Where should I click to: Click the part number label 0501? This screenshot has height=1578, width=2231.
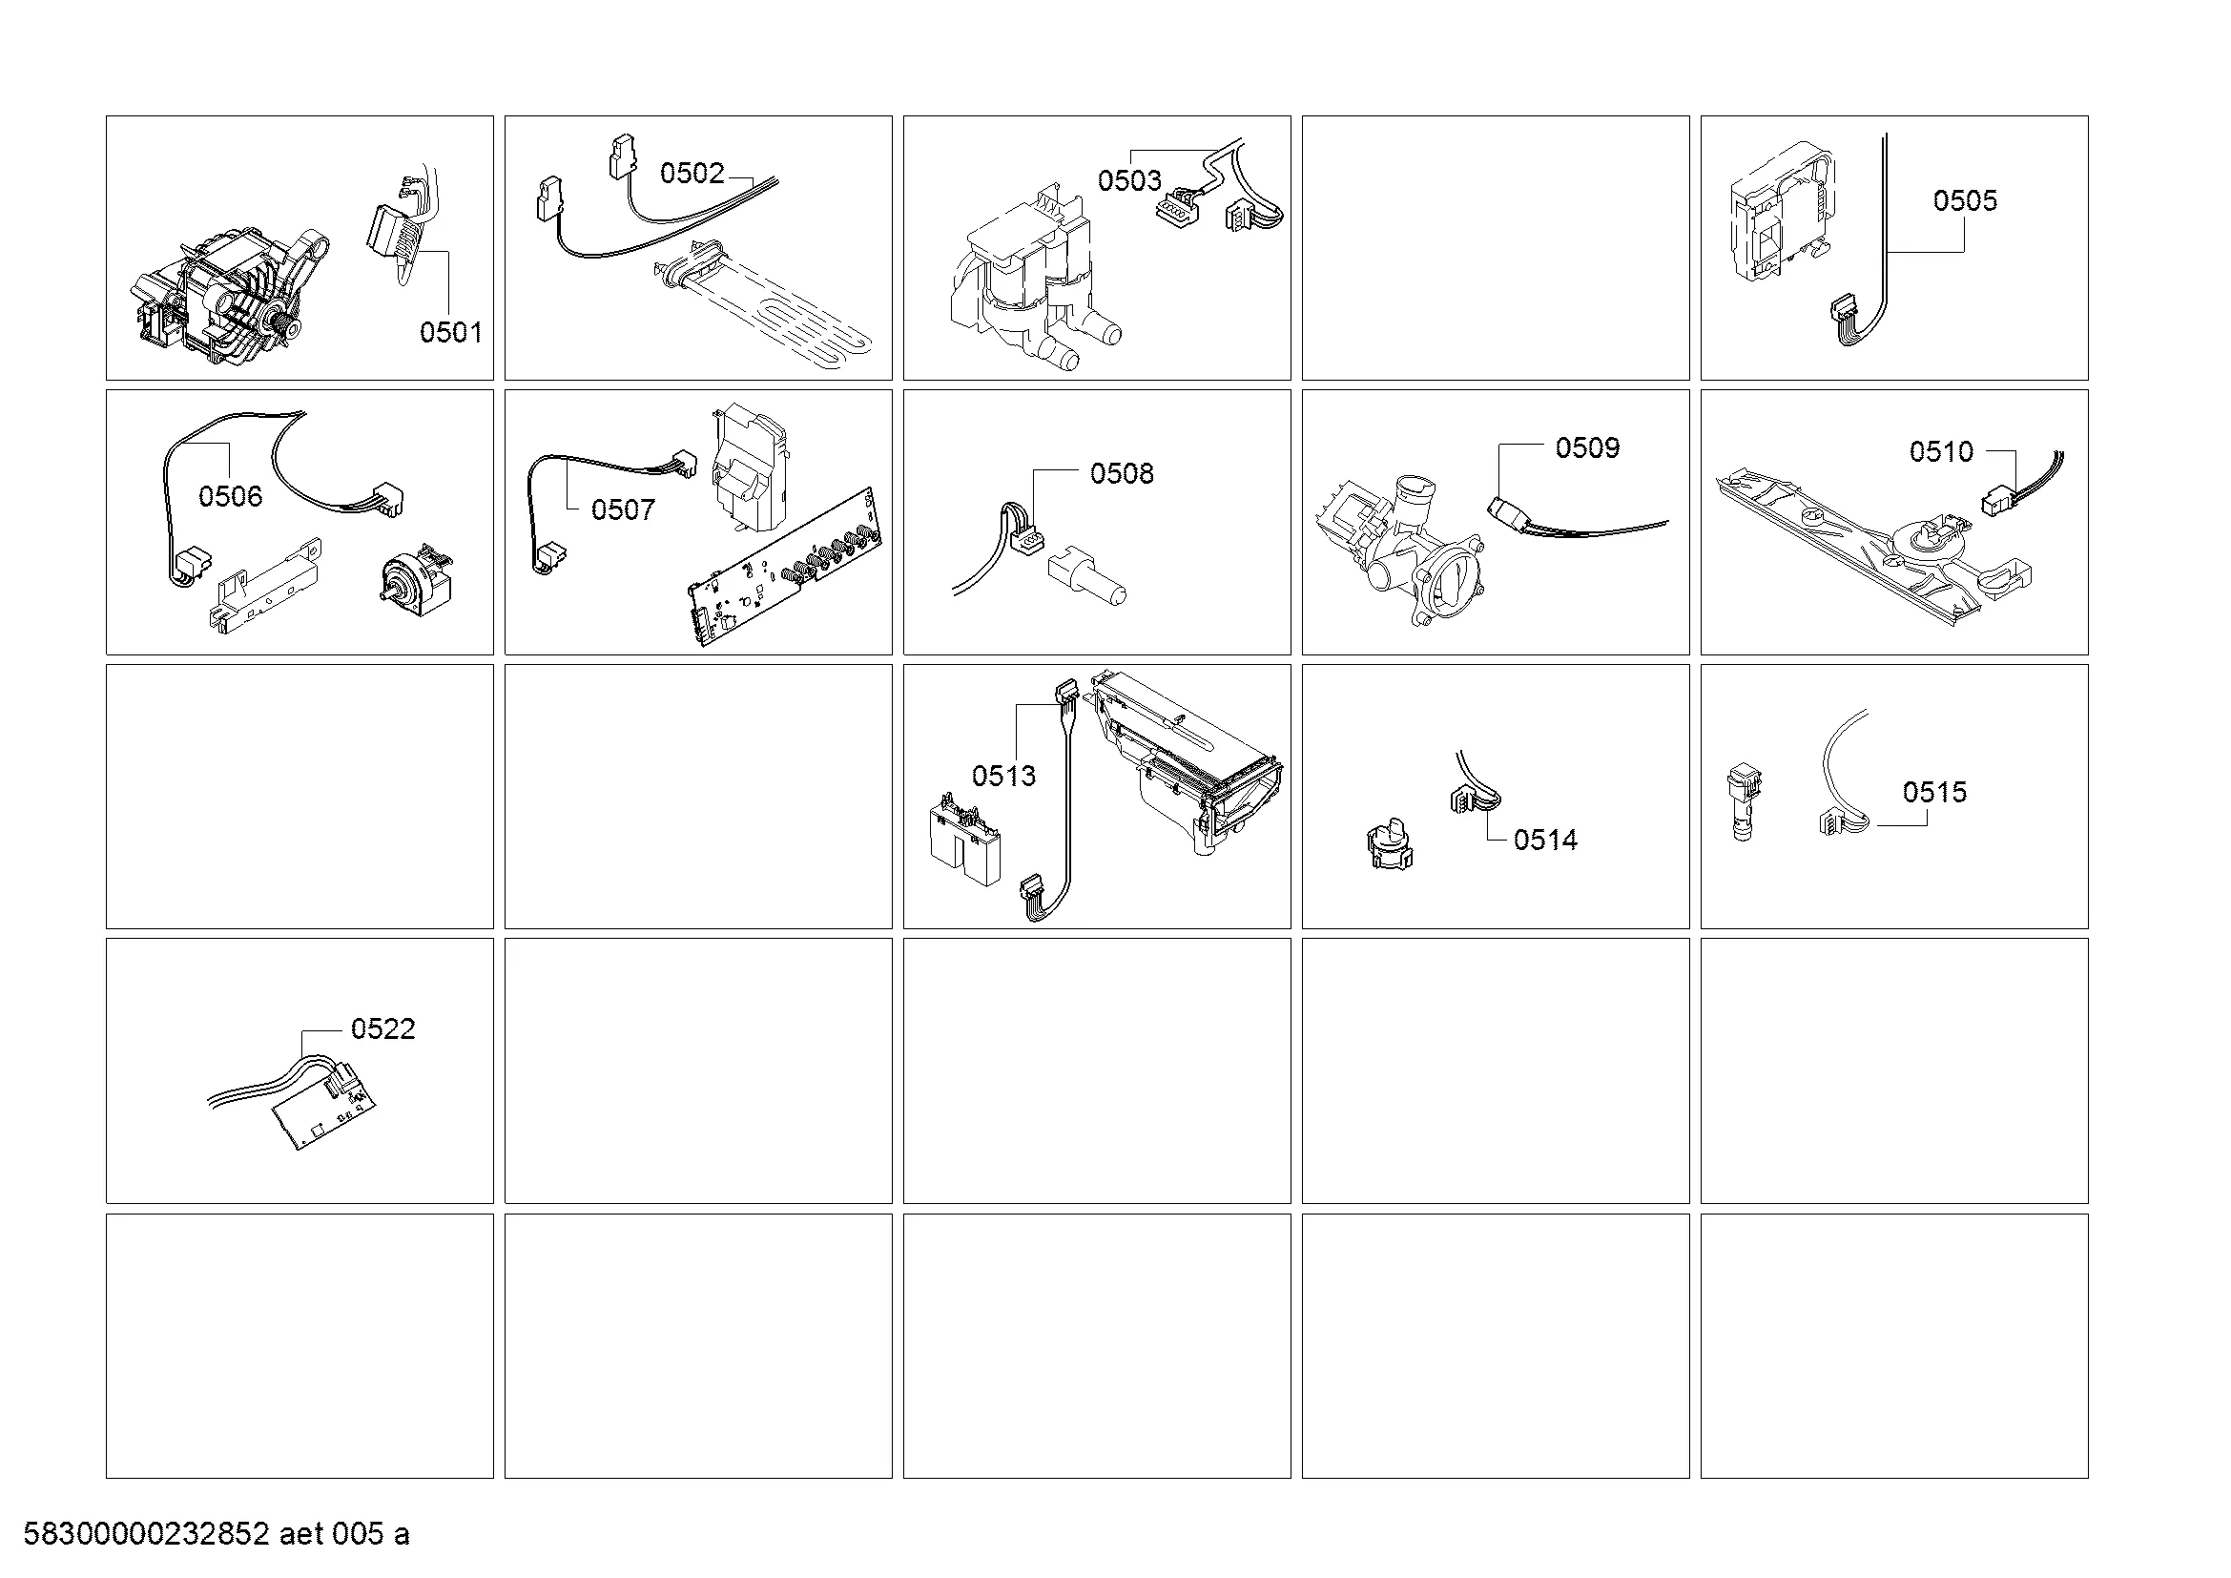[451, 332]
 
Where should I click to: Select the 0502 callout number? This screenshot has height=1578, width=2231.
[692, 173]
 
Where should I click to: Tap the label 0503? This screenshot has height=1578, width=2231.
[1129, 179]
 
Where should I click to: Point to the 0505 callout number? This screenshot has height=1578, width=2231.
[1965, 200]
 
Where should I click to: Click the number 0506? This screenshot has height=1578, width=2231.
[230, 496]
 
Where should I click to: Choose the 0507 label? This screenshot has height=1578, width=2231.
[623, 509]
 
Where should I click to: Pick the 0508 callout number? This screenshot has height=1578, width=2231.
[1122, 473]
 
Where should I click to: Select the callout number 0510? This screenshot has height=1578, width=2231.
[1941, 451]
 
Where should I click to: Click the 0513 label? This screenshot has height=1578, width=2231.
[1003, 776]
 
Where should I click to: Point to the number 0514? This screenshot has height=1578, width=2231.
[1546, 840]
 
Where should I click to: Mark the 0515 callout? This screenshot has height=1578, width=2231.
[1934, 792]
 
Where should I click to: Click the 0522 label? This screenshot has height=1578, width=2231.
[382, 1028]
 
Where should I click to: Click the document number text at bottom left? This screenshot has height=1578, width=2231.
[216, 1535]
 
